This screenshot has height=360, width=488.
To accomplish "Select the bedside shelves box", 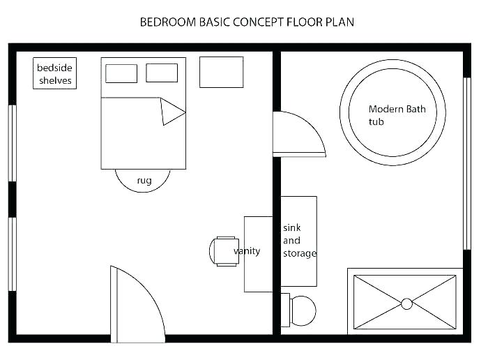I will pyautogui.click(x=54, y=74).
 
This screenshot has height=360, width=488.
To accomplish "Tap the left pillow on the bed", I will pyautogui.click(x=121, y=73).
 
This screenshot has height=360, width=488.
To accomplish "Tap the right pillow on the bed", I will pyautogui.click(x=162, y=73).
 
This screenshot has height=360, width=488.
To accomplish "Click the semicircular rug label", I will pyautogui.click(x=144, y=181).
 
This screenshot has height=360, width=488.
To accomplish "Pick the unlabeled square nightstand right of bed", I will pyautogui.click(x=221, y=73).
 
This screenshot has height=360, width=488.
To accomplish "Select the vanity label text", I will pyautogui.click(x=247, y=251).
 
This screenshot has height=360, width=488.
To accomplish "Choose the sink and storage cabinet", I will pyautogui.click(x=299, y=241).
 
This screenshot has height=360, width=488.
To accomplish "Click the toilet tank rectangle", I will pyautogui.click(x=285, y=310).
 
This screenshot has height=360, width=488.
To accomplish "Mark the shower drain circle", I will pyautogui.click(x=406, y=303).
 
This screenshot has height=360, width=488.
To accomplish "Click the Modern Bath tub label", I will pyautogui.click(x=396, y=115).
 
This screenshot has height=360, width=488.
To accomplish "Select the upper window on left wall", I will pyautogui.click(x=12, y=143).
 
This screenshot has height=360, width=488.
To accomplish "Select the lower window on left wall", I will pyautogui.click(x=12, y=254).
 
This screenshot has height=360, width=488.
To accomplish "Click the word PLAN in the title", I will pyautogui.click(x=339, y=22).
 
